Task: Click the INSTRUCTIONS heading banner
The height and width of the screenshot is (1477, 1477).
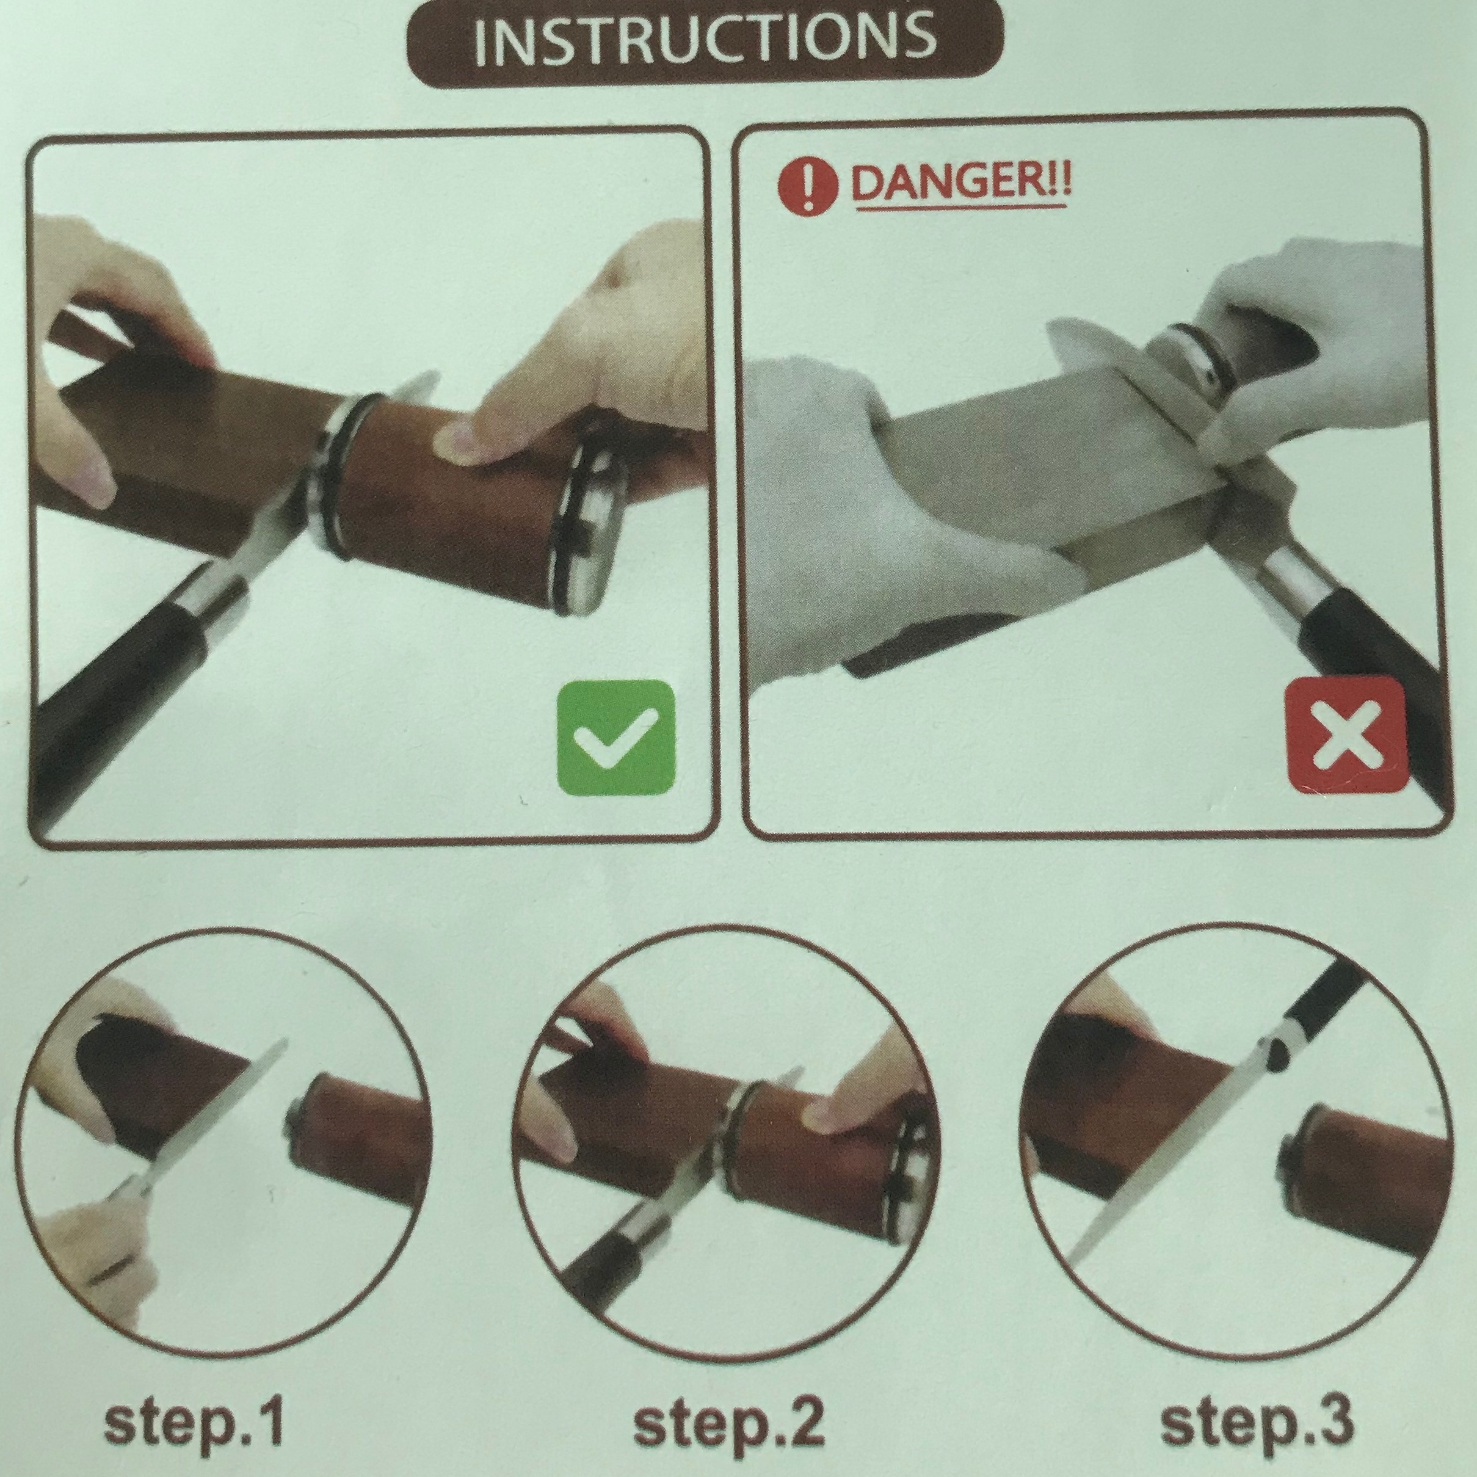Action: click(x=704, y=42)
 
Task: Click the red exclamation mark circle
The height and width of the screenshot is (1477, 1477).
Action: click(x=807, y=187)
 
